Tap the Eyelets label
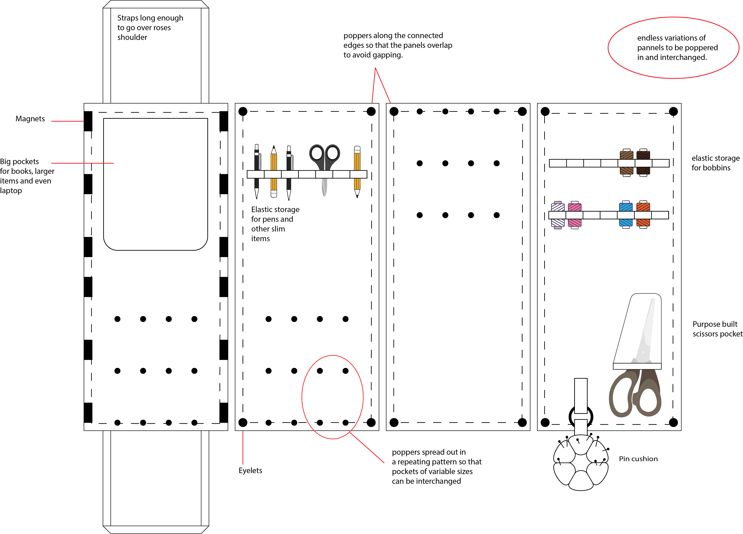pyautogui.click(x=250, y=471)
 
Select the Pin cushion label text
pyautogui.click(x=638, y=459)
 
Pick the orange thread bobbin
pyautogui.click(x=643, y=215)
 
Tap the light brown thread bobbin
pyautogui.click(x=626, y=163)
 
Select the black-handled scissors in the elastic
pyautogui.click(x=324, y=161)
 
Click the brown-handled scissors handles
pyautogui.click(x=635, y=393)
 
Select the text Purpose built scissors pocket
pyautogui.click(x=717, y=329)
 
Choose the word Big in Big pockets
pyautogui.click(x=5, y=162)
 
